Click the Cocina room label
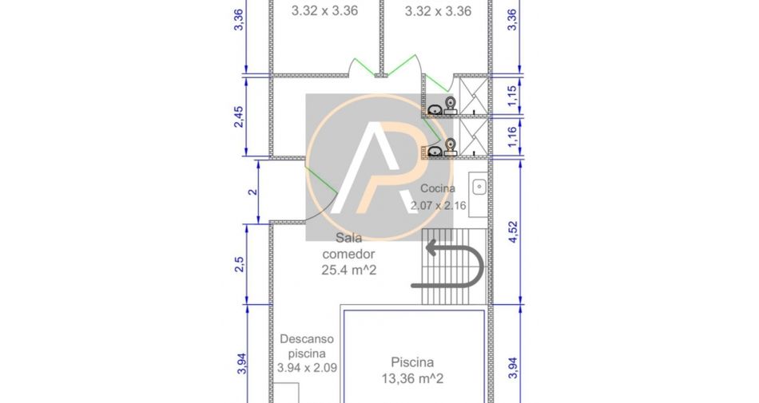pyautogui.click(x=438, y=188)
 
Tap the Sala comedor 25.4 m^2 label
pyautogui.click(x=348, y=254)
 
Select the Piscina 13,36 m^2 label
pyautogui.click(x=412, y=370)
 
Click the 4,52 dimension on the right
pyautogui.click(x=513, y=231)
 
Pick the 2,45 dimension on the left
pyautogui.click(x=239, y=117)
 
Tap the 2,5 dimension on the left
pyautogui.click(x=239, y=264)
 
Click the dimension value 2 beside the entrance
pyautogui.click(x=252, y=192)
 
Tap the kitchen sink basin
pyautogui.click(x=479, y=187)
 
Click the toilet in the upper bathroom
pyautogui.click(x=451, y=104)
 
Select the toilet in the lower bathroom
pyautogui.click(x=451, y=146)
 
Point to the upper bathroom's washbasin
pyautogui.click(x=435, y=109)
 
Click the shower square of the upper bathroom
pyautogui.click(x=473, y=96)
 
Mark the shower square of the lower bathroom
pyautogui.click(x=473, y=137)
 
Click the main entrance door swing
pyautogui.click(x=321, y=193)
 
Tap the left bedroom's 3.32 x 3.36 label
pyautogui.click(x=324, y=10)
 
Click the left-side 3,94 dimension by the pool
pyautogui.click(x=242, y=363)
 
